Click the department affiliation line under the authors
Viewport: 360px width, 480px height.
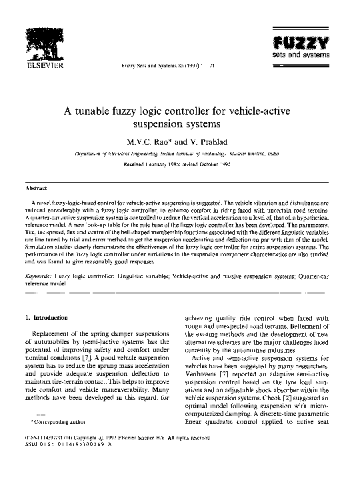click(x=179, y=153)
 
